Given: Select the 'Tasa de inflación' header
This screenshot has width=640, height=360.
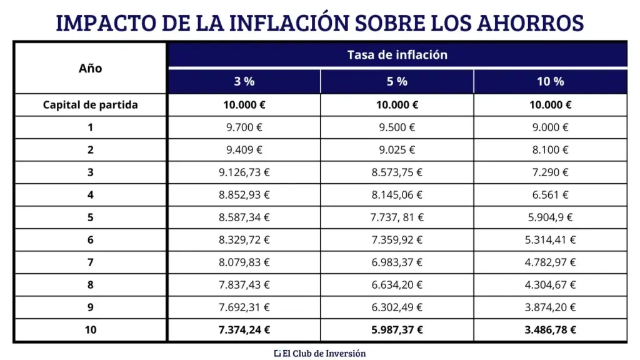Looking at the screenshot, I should pyautogui.click(x=397, y=54).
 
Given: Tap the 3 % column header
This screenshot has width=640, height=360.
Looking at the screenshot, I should pyautogui.click(x=244, y=81).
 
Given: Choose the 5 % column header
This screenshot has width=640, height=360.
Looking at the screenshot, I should pyautogui.click(x=397, y=81).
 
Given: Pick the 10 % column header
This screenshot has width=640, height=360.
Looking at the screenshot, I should pyautogui.click(x=550, y=81).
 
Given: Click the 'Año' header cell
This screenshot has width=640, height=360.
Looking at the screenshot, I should pyautogui.click(x=91, y=68).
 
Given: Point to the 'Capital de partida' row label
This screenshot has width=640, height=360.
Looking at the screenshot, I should pyautogui.click(x=91, y=105).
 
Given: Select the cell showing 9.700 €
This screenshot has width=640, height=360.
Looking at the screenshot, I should pyautogui.click(x=244, y=127).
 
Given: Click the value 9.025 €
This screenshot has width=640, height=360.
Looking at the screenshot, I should pyautogui.click(x=397, y=150).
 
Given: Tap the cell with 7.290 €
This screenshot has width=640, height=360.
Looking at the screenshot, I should pyautogui.click(x=550, y=172).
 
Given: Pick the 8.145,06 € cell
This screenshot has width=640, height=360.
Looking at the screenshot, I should pyautogui.click(x=397, y=195).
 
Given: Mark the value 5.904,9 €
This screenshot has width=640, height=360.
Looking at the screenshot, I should pyautogui.click(x=550, y=217).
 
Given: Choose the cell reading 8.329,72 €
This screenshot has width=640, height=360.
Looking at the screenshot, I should pyautogui.click(x=244, y=240).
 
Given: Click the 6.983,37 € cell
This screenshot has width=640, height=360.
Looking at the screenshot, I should pyautogui.click(x=397, y=262).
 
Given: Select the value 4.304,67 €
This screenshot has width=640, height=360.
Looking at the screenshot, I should pyautogui.click(x=550, y=285).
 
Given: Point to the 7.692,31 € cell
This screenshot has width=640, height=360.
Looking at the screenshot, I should pyautogui.click(x=244, y=307).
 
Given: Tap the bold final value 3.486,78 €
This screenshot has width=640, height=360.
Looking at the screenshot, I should pyautogui.click(x=550, y=330).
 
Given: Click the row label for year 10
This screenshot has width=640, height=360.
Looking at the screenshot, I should pyautogui.click(x=91, y=330).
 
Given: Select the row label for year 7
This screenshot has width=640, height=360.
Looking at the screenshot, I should pyautogui.click(x=91, y=262).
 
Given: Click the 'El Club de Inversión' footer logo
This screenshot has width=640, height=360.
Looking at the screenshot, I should pyautogui.click(x=320, y=353).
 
